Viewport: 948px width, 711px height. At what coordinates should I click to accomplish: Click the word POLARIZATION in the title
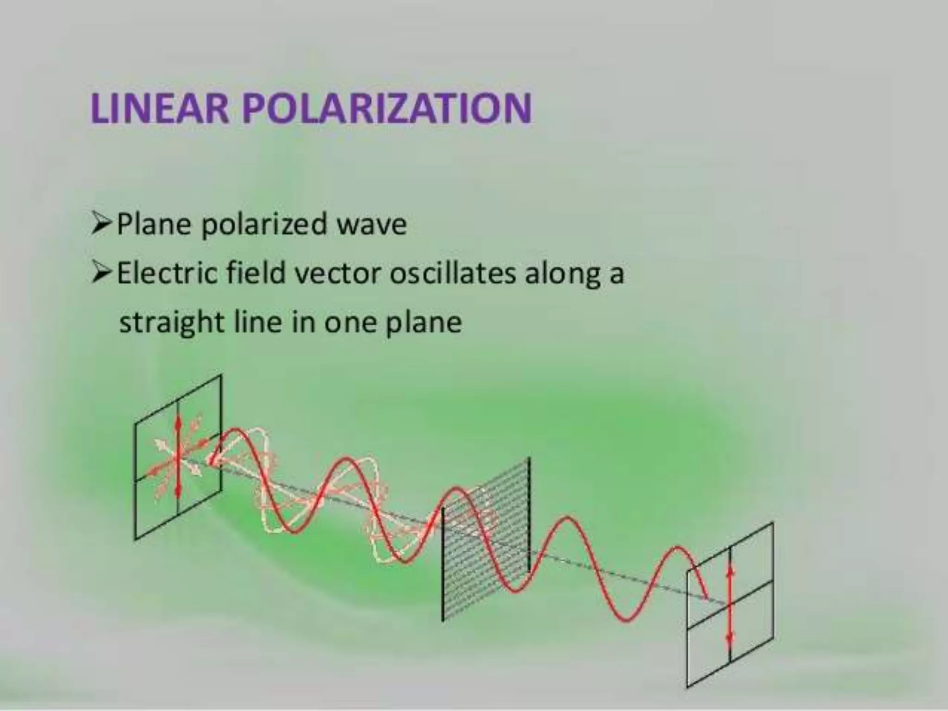(387, 109)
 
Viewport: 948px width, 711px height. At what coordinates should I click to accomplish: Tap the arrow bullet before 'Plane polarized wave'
(101, 224)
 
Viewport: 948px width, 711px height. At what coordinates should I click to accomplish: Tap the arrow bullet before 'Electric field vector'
(101, 273)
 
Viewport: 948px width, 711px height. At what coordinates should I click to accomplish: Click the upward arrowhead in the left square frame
(178, 421)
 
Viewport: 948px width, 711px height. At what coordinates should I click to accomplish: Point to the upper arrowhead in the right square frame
(730, 571)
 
